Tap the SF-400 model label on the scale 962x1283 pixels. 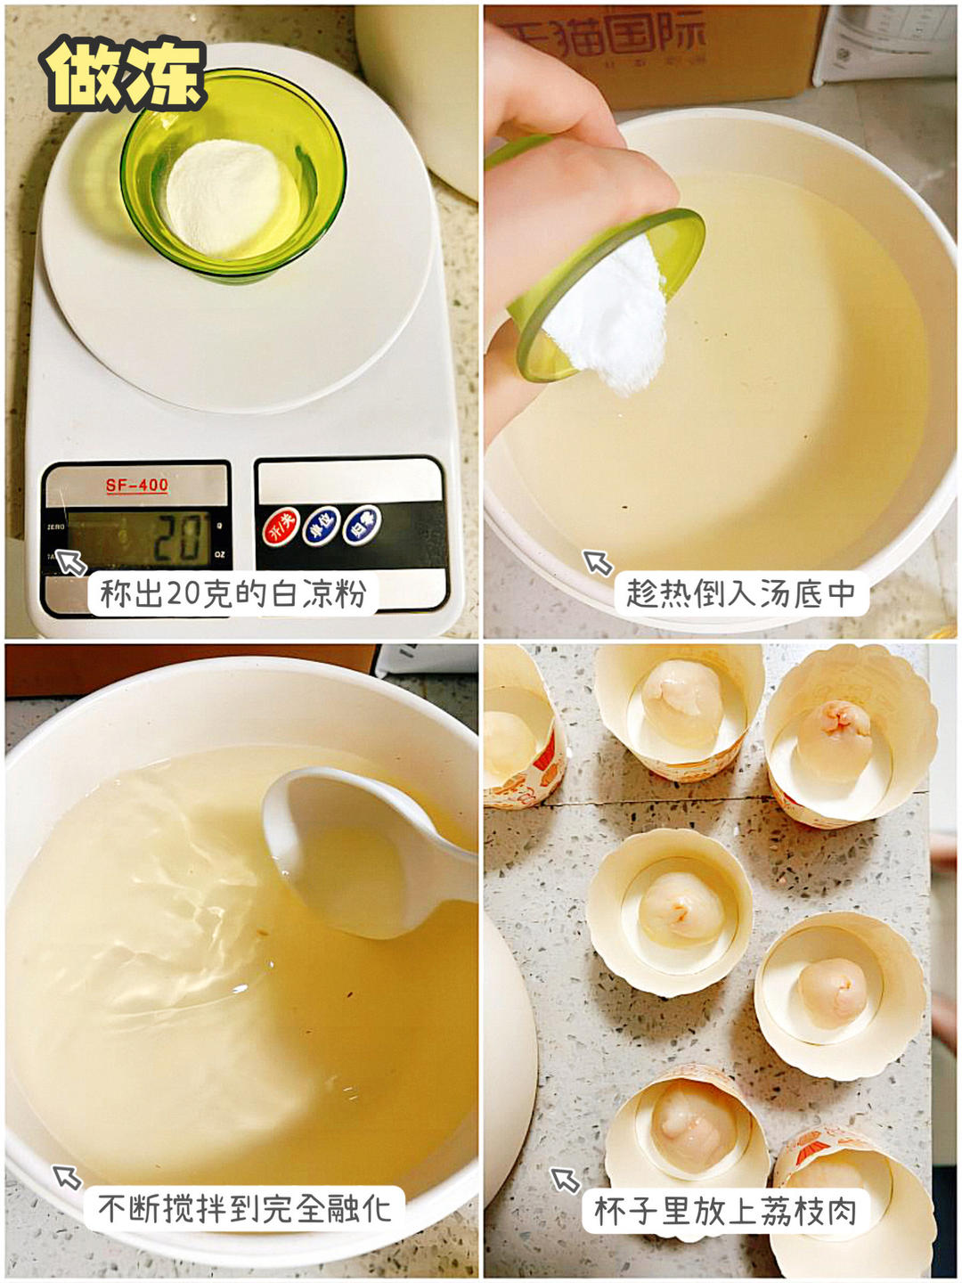tap(136, 486)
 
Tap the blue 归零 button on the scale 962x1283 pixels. tap(363, 525)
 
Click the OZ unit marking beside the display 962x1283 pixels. tap(219, 555)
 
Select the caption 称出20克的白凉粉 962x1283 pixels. tap(233, 593)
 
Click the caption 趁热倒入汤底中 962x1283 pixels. tap(740, 593)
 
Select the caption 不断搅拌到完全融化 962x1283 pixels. tap(244, 1209)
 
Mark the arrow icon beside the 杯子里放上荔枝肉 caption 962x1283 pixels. tap(565, 1180)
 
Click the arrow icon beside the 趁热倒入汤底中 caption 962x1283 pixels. tap(598, 562)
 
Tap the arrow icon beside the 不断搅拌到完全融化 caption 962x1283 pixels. tap(67, 1177)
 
